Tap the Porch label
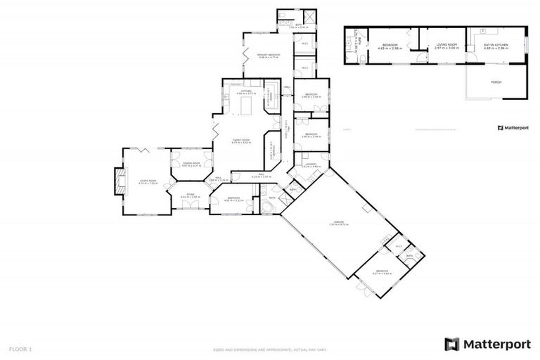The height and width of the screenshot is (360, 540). point(495,82)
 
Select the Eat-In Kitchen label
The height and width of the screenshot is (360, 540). point(495,46)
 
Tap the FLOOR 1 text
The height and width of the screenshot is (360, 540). point(20,349)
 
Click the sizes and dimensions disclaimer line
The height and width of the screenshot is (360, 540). point(270,349)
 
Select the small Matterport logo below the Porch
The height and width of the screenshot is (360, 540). point(512,128)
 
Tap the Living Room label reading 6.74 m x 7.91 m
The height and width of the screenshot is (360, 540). point(147,182)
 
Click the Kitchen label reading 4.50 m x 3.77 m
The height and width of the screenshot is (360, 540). point(246,92)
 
